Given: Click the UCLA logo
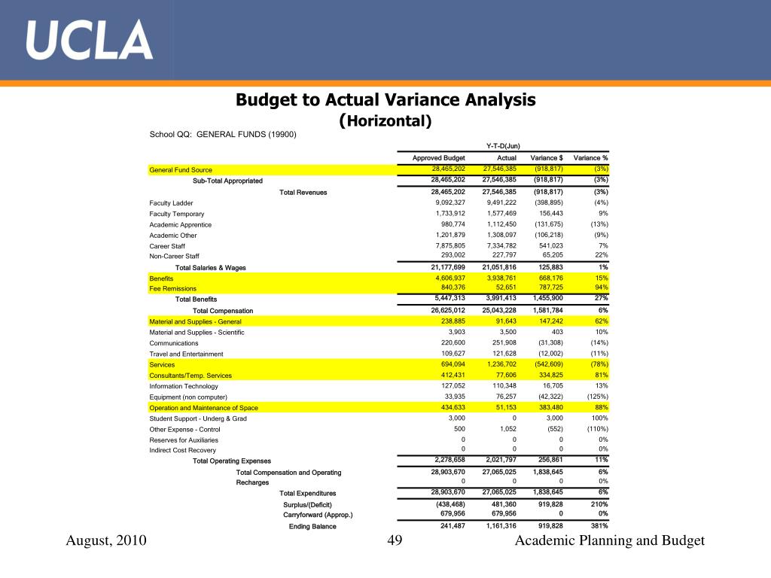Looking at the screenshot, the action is (89, 40).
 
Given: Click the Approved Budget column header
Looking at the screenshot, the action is (439, 158).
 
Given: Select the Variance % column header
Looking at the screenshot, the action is (590, 158).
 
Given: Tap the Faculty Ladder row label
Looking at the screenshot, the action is (171, 203).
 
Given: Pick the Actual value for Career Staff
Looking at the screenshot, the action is (501, 245).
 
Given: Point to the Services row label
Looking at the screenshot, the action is (162, 365).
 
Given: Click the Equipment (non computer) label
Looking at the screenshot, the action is (188, 397).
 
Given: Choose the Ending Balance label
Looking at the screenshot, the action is (312, 526).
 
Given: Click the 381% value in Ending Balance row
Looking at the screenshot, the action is (599, 526).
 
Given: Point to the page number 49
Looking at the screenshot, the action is (395, 540).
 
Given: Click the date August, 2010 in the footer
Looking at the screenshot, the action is (106, 540).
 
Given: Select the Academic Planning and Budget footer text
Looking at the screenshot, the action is (610, 540).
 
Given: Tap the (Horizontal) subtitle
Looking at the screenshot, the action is (385, 120).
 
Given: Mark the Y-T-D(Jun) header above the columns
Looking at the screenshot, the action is (503, 146).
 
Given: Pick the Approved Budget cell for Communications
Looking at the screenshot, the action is (453, 342).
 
